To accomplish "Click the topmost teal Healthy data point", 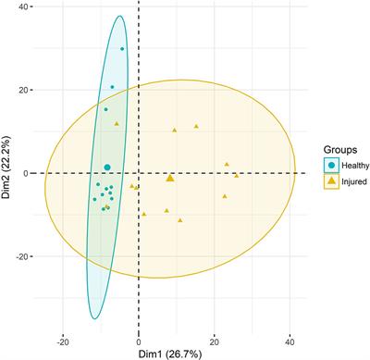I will pyautogui.click(x=122, y=49).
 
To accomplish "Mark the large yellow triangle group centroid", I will pyautogui.click(x=170, y=178).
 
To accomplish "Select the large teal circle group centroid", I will pyautogui.click(x=107, y=168).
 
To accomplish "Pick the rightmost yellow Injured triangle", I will pyautogui.click(x=236, y=174).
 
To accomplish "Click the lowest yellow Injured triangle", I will pyautogui.click(x=179, y=220).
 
